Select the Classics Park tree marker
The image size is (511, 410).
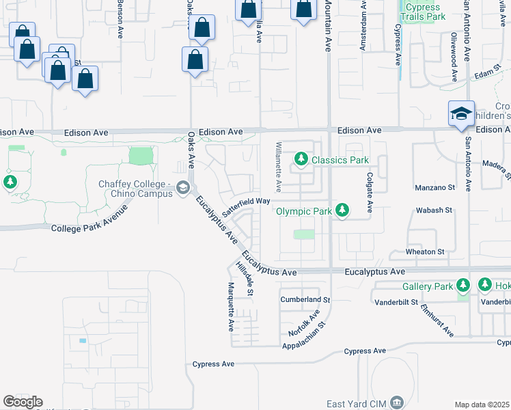tap(301, 160)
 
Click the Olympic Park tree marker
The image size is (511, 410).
tap(343, 211)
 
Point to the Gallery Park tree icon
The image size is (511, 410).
tap(463, 285)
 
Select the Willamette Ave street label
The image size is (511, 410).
tap(278, 167)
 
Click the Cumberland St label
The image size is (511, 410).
tap(305, 299)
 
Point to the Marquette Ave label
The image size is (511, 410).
tap(231, 307)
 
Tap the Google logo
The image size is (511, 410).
tap(23, 402)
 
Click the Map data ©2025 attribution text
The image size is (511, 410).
tap(482, 405)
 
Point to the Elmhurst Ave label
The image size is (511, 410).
tap(437, 319)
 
